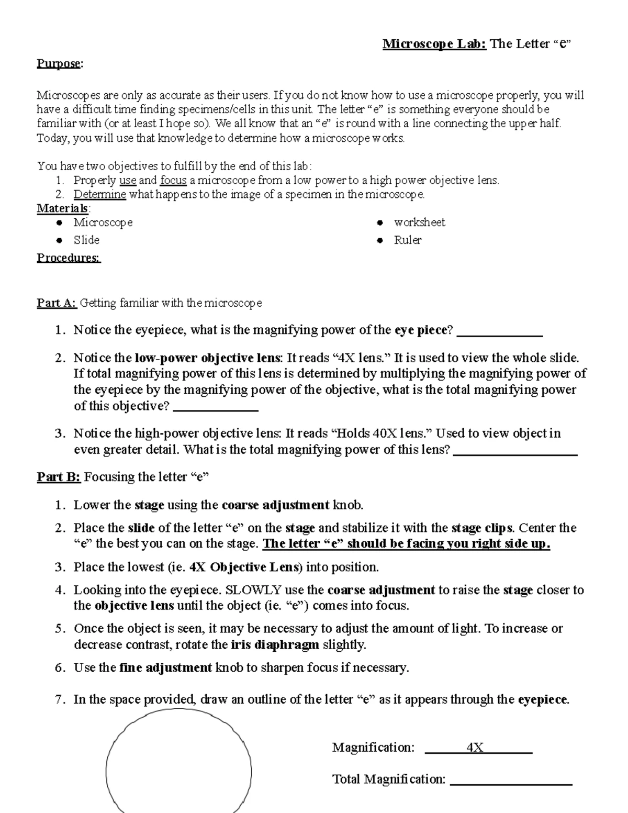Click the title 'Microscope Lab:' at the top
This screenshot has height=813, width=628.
point(434,44)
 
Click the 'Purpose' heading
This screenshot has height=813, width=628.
point(59,64)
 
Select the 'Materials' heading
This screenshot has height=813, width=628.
point(62,208)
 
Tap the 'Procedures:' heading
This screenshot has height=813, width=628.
point(68,258)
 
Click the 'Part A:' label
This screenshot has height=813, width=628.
point(57,303)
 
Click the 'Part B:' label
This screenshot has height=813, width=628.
point(58,477)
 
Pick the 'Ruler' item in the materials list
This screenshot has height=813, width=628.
point(408,240)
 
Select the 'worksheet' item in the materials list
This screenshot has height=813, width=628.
point(419,222)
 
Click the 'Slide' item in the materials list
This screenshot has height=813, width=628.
point(86,240)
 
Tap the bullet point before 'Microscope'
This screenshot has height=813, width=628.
point(60,223)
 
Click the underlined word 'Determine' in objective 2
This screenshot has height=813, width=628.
point(99,195)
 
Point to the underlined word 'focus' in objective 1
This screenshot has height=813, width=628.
point(173,181)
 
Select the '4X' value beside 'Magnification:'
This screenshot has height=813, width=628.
point(475,748)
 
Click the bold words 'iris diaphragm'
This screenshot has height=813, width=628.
point(275,645)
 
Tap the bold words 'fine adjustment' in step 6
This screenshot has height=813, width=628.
point(165,668)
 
